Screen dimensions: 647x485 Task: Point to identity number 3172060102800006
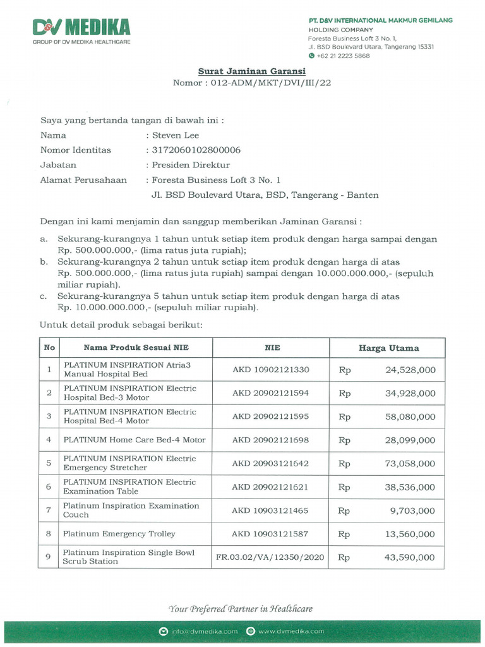pos(196,150)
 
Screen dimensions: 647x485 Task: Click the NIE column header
pos(272,348)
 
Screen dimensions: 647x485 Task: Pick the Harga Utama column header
pos(388,348)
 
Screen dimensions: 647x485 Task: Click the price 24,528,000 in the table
pos(410,370)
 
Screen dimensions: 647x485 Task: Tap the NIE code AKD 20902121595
pos(270,416)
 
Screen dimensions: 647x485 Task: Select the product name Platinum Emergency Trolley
pos(119,534)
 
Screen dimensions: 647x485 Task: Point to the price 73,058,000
pos(410,463)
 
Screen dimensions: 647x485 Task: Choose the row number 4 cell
pos(49,440)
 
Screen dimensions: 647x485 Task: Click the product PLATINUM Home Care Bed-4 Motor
pos(134,440)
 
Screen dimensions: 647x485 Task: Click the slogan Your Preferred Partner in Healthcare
pos(241,609)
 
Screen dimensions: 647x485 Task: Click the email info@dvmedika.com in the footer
pos(203,631)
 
